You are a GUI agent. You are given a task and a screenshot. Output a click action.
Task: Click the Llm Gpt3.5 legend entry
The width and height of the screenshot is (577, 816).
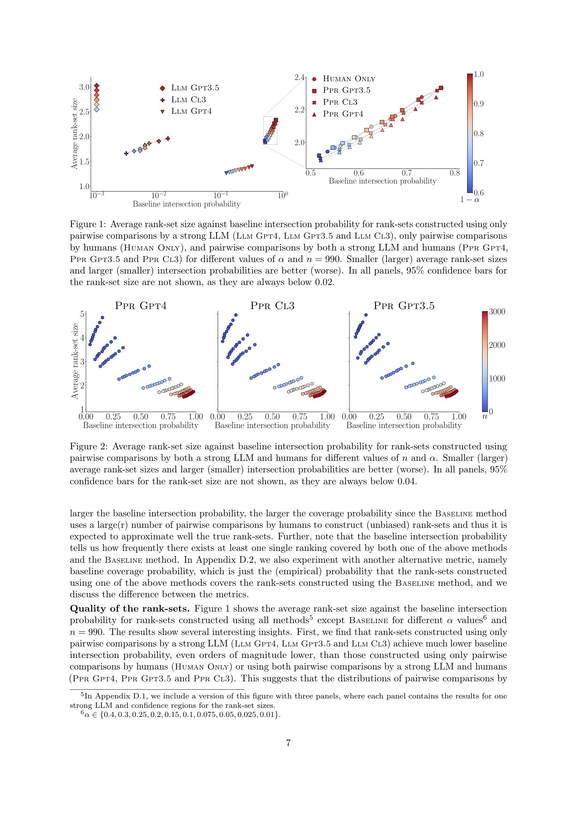click(x=195, y=88)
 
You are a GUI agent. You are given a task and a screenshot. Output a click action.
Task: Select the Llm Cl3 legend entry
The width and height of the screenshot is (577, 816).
click(x=188, y=99)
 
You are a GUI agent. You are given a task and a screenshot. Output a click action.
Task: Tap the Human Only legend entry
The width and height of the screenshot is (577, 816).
click(x=349, y=79)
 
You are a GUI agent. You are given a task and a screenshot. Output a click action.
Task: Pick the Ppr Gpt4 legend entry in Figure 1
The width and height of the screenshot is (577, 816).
click(x=343, y=114)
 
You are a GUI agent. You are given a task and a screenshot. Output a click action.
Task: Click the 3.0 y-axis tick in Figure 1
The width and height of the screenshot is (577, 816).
click(x=84, y=87)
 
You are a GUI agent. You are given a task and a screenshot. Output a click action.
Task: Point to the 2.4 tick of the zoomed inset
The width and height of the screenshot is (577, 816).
click(x=300, y=77)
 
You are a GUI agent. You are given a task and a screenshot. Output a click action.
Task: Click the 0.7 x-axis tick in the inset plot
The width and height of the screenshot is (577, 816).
click(x=406, y=173)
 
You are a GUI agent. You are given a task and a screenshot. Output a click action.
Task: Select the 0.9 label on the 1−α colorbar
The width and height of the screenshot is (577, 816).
click(x=479, y=104)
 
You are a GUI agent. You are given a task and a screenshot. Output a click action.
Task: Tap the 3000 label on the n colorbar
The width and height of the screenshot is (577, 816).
click(x=497, y=312)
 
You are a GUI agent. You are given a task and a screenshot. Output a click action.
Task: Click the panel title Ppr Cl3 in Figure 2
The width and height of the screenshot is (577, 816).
click(x=272, y=306)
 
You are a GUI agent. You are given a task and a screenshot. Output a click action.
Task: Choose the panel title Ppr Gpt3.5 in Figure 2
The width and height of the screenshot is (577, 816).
click(x=404, y=306)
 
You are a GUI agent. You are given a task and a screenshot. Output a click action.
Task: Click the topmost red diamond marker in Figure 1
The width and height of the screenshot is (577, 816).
click(x=97, y=86)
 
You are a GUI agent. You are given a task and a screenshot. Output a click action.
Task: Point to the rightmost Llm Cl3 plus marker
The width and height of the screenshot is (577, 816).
click(x=168, y=139)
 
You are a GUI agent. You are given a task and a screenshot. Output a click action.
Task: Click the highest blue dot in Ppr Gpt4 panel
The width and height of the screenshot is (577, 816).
click(x=102, y=317)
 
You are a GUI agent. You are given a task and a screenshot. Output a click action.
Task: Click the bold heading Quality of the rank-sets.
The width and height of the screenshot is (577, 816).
click(x=130, y=608)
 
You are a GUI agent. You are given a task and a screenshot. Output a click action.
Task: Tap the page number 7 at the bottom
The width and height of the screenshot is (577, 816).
click(x=288, y=743)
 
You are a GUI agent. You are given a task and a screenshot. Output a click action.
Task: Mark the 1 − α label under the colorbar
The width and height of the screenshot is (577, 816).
click(x=470, y=200)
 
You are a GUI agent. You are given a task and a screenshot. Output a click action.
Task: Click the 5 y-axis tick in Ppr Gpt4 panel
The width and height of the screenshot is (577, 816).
click(x=82, y=314)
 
